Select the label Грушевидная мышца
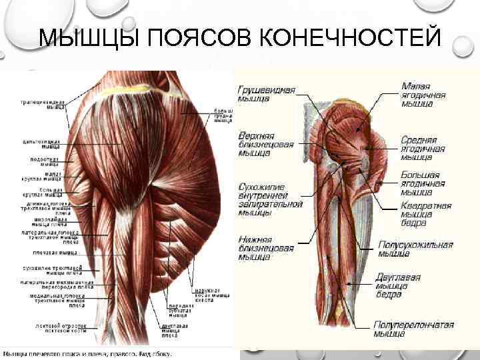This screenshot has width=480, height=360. click(x=266, y=93)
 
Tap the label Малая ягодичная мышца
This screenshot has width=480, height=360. click(x=424, y=95)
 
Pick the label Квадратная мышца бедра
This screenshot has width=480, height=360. click(x=425, y=214)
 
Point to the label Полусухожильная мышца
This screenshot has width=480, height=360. click(x=415, y=249)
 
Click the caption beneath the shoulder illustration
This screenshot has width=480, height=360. click(x=87, y=354)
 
